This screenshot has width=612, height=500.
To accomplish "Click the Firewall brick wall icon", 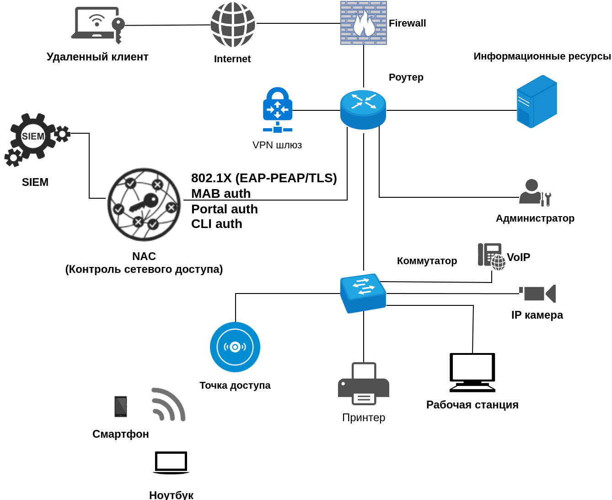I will click(x=364, y=23).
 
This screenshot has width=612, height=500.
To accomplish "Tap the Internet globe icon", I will click(x=233, y=25).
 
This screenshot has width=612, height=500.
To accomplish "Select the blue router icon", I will click(x=363, y=109).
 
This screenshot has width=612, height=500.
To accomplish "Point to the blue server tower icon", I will click(x=537, y=102).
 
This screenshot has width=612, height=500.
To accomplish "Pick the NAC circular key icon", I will click(x=144, y=204).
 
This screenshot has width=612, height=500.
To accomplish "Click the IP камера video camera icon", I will click(x=538, y=293).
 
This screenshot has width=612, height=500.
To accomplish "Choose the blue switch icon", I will click(x=363, y=293).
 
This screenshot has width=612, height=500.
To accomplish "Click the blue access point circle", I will click(x=235, y=347).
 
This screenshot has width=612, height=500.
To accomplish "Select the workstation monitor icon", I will click(x=472, y=372).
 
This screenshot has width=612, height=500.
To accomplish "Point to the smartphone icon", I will click(x=121, y=407).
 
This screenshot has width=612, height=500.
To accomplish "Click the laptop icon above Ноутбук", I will click(x=171, y=462).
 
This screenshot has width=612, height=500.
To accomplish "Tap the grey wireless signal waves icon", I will click(x=168, y=404).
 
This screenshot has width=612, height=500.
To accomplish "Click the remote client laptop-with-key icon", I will click(x=98, y=25).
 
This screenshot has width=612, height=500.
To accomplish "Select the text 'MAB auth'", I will click(x=221, y=194).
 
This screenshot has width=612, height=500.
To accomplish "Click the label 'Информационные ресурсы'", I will click(x=542, y=56).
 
